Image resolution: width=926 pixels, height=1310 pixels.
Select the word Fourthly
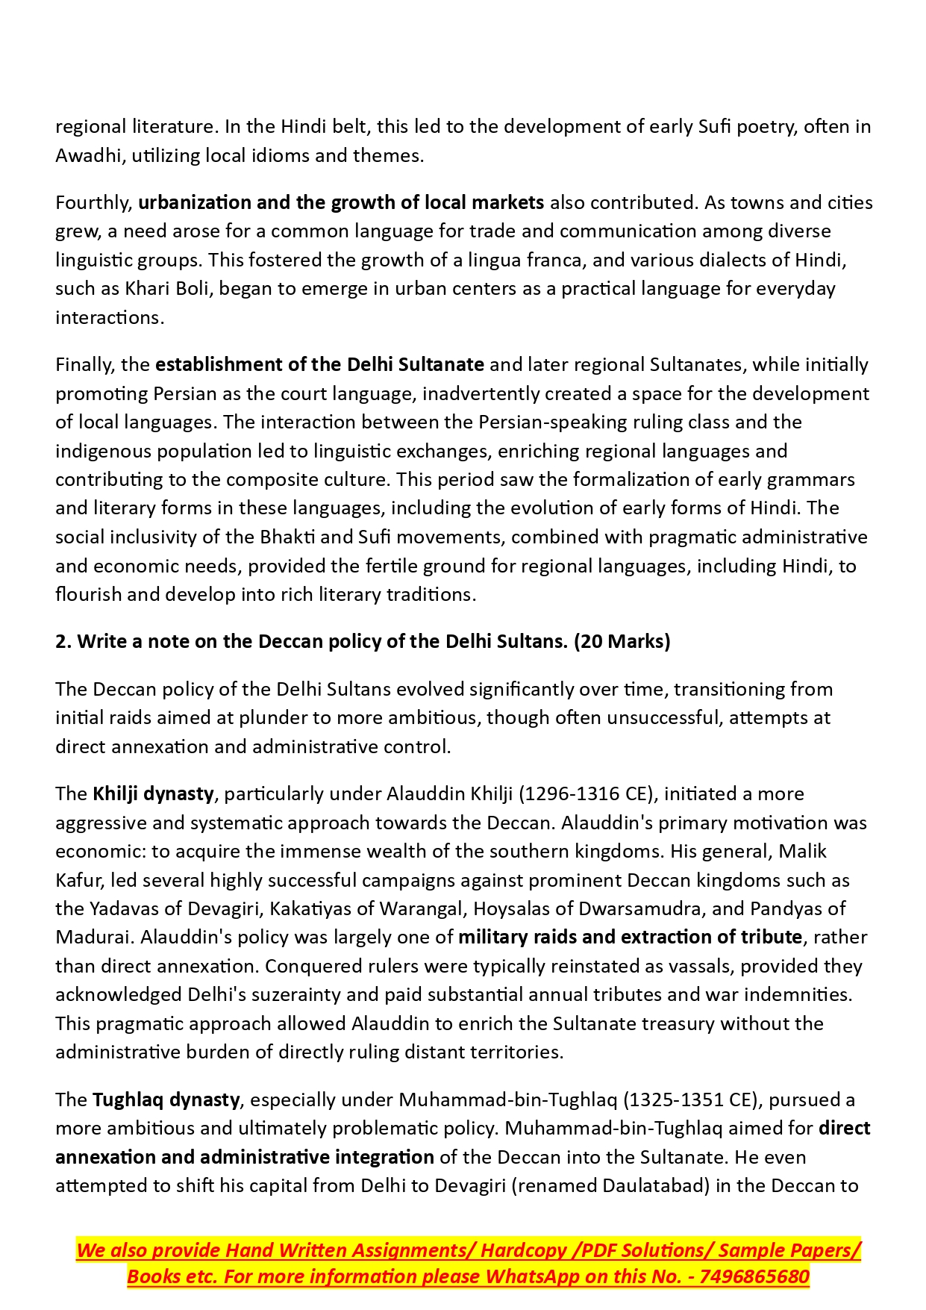pos(93,202)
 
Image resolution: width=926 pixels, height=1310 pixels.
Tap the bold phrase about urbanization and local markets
pos(341,202)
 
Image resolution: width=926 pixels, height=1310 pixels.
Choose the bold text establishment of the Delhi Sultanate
pos(319,364)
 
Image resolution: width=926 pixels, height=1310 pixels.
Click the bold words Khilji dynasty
pos(153,793)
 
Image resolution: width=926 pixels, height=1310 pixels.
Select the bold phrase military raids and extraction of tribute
pos(630,937)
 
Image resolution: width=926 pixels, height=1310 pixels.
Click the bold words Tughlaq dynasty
pos(166,1100)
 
